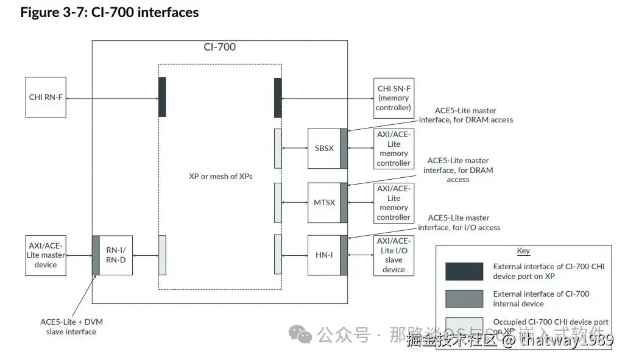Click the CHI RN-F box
[x=46, y=97]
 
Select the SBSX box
[x=323, y=148]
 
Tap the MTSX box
[x=323, y=202]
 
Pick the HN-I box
[x=323, y=255]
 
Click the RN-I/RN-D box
[x=115, y=255]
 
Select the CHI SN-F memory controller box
[x=394, y=97]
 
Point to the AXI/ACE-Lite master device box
[x=46, y=255]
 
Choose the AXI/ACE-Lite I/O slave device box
[x=394, y=255]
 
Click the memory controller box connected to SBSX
[x=394, y=148]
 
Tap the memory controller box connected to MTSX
[x=394, y=202]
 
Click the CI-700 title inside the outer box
[x=219, y=47]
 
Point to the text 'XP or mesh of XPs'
[x=221, y=176]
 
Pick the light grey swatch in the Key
[x=464, y=326]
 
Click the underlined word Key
[x=523, y=251]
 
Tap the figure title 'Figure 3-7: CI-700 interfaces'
[x=110, y=12]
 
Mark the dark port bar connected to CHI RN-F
[x=162, y=97]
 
